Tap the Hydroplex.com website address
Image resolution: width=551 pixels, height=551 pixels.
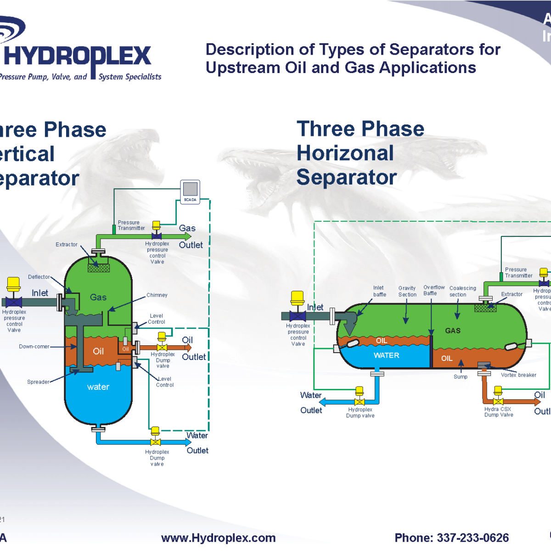pyautogui.click(x=219, y=538)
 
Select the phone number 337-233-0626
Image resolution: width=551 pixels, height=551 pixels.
pyautogui.click(x=452, y=538)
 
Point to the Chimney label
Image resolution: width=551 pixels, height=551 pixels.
pyautogui.click(x=157, y=295)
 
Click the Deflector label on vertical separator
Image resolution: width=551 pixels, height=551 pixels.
pyautogui.click(x=39, y=277)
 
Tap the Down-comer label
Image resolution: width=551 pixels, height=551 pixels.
pyautogui.click(x=34, y=347)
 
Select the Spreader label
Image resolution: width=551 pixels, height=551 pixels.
pyautogui.click(x=38, y=382)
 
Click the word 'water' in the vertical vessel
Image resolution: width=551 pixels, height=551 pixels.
pyautogui.click(x=98, y=387)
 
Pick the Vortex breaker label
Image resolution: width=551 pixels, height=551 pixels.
pyautogui.click(x=518, y=375)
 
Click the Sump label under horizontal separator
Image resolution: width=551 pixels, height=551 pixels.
pyautogui.click(x=461, y=377)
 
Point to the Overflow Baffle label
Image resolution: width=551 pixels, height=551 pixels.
pyautogui.click(x=433, y=290)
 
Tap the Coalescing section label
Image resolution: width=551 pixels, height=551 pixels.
pyautogui.click(x=462, y=292)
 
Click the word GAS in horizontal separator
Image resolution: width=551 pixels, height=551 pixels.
pyautogui.click(x=453, y=331)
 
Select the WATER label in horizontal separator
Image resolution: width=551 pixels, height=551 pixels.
pyautogui.click(x=387, y=355)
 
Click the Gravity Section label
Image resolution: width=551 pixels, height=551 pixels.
pyautogui.click(x=407, y=292)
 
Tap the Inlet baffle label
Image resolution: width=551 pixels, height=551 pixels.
pyautogui.click(x=379, y=291)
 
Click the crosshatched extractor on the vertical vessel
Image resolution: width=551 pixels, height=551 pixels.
pyautogui.click(x=99, y=268)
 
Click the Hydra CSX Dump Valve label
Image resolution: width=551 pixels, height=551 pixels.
pyautogui.click(x=498, y=412)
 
